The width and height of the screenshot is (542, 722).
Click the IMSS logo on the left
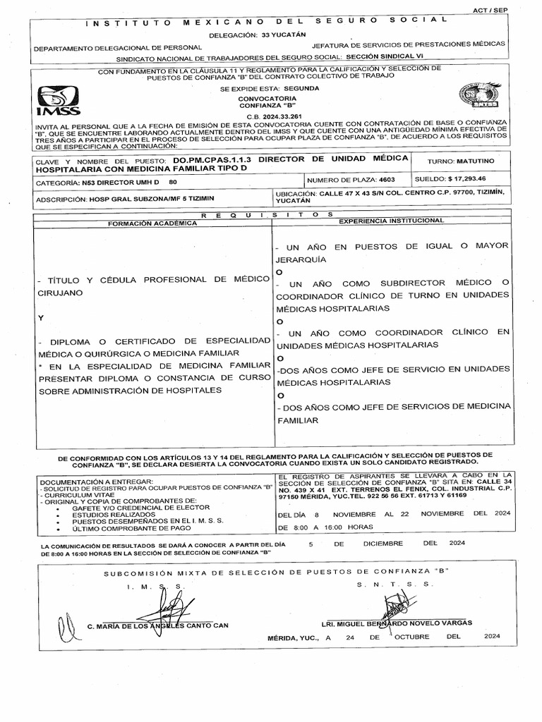(x=59, y=100)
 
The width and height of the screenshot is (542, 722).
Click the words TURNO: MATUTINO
(x=458, y=161)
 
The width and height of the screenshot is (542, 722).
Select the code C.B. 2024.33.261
(x=273, y=115)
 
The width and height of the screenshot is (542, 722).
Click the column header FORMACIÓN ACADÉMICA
(x=152, y=222)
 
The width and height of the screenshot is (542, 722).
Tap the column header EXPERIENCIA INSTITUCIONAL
(x=392, y=221)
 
